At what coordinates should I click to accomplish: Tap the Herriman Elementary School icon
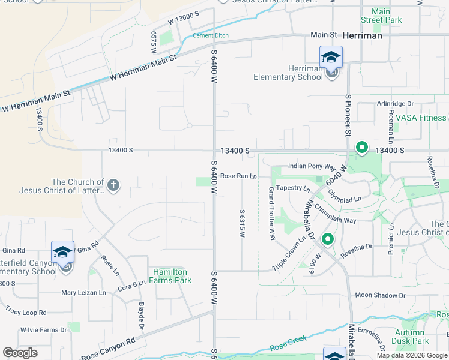tap(331, 58)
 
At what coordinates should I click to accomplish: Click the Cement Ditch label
tap(210, 35)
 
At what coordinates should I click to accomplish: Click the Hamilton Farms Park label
tap(171, 276)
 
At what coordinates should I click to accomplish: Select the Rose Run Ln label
tap(238, 176)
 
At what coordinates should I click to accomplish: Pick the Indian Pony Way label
tap(312, 166)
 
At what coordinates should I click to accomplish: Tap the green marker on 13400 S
tap(361, 147)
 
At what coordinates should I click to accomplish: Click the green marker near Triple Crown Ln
tap(328, 239)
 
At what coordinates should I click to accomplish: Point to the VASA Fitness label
tap(424, 118)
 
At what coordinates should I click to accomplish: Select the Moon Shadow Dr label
tap(380, 295)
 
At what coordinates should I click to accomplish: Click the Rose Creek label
tap(288, 343)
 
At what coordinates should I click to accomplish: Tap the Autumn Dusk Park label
tap(411, 337)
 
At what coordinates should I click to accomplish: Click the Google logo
tap(20, 353)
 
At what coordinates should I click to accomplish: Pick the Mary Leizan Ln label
tap(83, 293)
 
